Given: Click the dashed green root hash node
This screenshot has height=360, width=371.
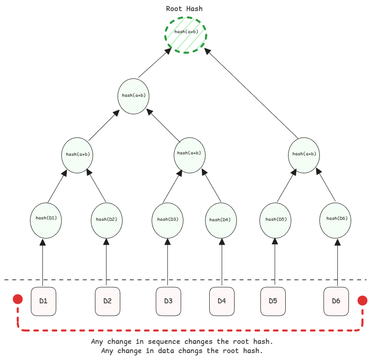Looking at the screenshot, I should (186, 35).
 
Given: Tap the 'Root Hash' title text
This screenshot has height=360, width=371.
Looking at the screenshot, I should (184, 9).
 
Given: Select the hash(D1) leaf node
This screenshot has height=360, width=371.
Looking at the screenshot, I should (46, 218).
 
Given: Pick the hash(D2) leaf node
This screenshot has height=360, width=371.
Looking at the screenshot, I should (107, 219).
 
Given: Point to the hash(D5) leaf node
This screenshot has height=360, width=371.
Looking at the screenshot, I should (275, 219).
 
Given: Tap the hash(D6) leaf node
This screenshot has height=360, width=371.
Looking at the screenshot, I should (336, 218).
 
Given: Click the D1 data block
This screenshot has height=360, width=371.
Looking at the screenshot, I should (43, 301).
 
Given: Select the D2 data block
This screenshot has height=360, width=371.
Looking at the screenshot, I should (107, 301).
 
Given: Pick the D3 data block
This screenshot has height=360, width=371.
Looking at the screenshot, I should (168, 301).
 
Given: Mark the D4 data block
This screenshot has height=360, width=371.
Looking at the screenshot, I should (222, 301).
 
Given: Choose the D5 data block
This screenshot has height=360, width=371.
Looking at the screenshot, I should (273, 301).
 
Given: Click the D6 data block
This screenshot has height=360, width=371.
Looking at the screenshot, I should (336, 301).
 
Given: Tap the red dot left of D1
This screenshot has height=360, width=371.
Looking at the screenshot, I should (18, 299).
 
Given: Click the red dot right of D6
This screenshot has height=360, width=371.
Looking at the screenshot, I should (363, 301).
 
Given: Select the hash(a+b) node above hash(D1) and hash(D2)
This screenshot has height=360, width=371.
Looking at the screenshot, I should (77, 154).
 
